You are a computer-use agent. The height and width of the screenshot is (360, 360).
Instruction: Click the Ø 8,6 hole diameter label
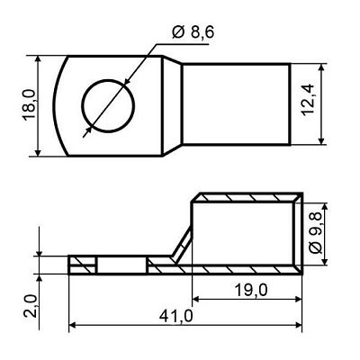coord(193,32)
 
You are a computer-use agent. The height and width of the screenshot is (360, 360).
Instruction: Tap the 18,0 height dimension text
coord(30,105)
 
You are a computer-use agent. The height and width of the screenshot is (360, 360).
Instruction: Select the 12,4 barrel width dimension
coord(308,100)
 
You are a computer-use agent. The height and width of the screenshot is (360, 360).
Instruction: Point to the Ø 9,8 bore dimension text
coord(315,233)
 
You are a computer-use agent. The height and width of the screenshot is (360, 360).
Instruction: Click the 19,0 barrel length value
coord(251,291)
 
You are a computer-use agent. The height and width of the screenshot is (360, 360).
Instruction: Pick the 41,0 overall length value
coord(175,316)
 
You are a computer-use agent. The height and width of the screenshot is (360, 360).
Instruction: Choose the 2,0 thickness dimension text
coord(31,306)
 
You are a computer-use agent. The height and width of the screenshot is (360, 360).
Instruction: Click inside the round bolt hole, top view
coord(108,106)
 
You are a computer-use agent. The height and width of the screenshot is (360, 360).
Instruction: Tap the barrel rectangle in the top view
coord(237,104)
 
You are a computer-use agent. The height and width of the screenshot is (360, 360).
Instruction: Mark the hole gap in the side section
coord(121,265)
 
